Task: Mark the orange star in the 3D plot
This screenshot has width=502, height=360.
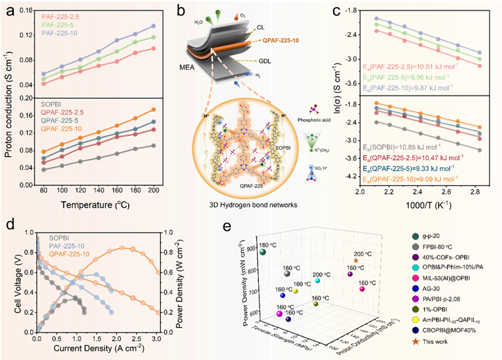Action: click(x=356, y=259)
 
